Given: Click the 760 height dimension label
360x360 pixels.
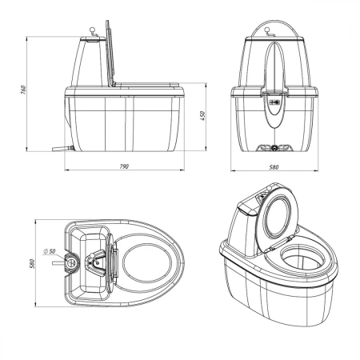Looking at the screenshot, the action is tap(23, 90).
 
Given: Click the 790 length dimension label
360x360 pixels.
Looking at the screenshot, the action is tap(124, 166).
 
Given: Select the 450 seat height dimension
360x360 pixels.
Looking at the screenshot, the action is tap(202, 116).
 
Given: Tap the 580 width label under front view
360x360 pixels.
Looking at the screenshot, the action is tap(274, 167).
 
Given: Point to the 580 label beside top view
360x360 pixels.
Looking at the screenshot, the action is tap(32, 263).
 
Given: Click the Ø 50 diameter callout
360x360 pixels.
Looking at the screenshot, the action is tap(49, 251).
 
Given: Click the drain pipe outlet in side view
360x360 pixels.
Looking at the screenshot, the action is tap(63, 148).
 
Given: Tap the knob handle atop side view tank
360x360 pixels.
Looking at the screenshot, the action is tap(93, 32).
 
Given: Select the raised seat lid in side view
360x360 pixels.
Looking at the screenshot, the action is tap(110, 54).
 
